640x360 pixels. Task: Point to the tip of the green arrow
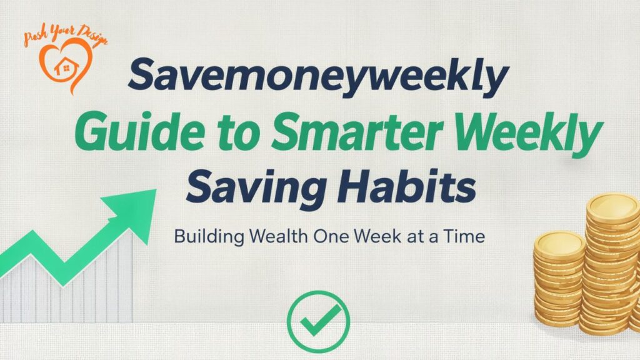tap(156, 191)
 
